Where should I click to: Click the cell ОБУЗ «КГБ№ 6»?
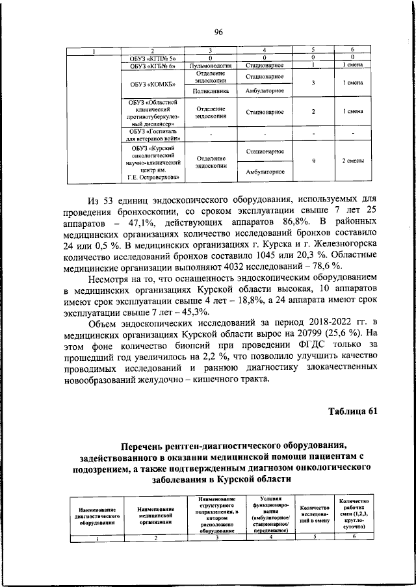point(155,66)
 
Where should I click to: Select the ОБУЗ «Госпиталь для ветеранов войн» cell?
point(155,134)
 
